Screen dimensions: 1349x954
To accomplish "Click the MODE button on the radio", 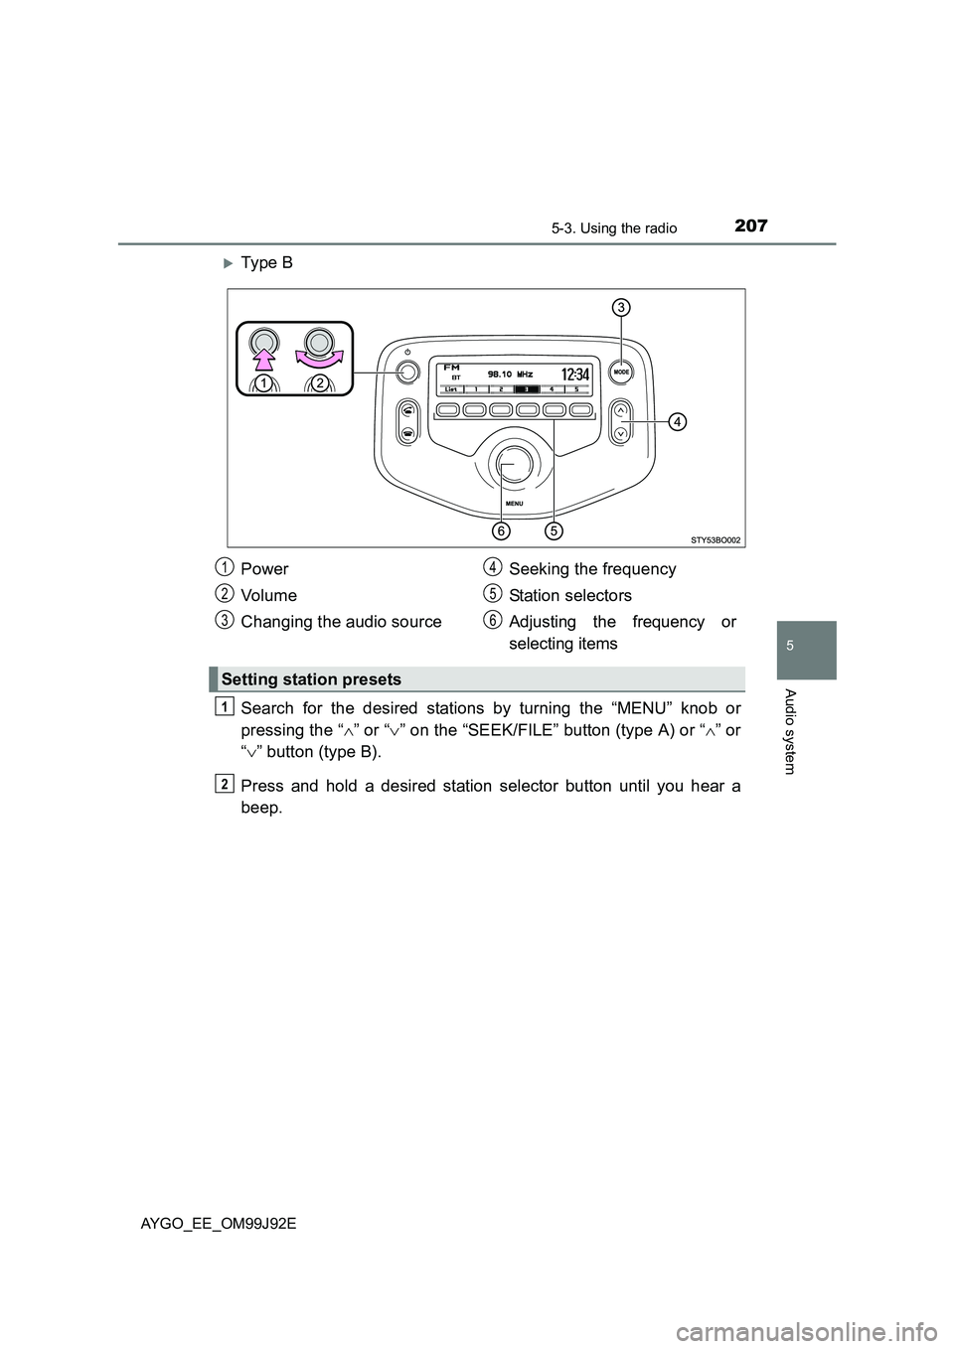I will click(x=621, y=372).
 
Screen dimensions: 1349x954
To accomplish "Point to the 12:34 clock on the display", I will click(x=575, y=375).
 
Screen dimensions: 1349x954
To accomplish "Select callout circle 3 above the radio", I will click(x=620, y=308).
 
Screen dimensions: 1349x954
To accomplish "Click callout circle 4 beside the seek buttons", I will click(x=676, y=422).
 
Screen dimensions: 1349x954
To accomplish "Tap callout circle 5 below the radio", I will click(x=554, y=530).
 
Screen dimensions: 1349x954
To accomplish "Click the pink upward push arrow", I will click(x=263, y=349).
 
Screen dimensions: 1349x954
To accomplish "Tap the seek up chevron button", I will click(x=621, y=408).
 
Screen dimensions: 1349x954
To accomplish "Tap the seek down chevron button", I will click(x=621, y=432).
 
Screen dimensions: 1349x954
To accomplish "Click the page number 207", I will click(x=750, y=225).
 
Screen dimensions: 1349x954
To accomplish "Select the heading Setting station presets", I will click(x=311, y=679).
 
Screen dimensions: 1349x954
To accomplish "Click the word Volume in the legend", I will click(x=268, y=595).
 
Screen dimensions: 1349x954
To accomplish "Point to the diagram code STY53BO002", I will click(x=715, y=539).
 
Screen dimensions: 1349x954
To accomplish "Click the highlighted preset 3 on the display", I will click(x=530, y=389).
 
